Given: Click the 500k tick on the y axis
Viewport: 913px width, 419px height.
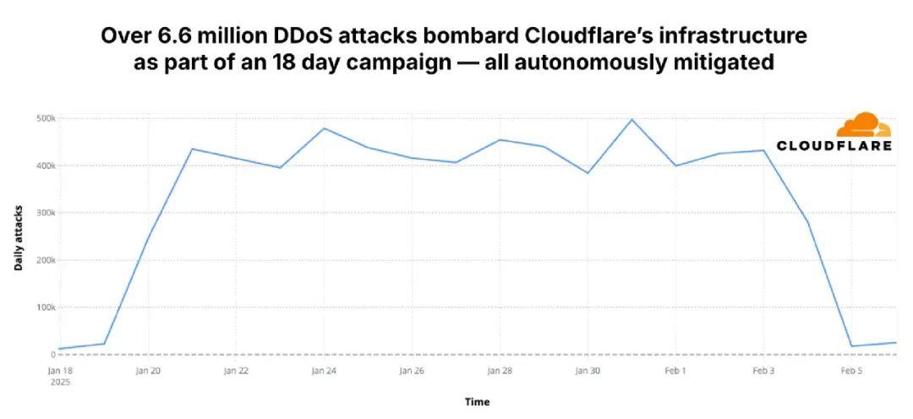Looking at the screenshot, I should coord(45,118).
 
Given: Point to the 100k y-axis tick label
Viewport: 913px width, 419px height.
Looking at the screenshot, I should coord(45,307).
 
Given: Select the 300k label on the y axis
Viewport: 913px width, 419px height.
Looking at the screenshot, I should coord(45,213).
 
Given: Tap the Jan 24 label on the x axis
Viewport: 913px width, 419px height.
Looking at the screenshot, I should coord(324,370).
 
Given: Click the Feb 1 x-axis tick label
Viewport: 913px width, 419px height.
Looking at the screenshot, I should coord(675,370).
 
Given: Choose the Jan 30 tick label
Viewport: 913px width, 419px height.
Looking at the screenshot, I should coord(588,370).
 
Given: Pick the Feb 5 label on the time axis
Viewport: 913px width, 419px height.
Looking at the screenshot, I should coord(851,370).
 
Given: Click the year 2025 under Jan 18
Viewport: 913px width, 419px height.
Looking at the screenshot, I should coord(59,382).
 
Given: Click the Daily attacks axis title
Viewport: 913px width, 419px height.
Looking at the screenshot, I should coord(19,237).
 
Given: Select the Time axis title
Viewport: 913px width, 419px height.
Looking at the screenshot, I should coord(477,402).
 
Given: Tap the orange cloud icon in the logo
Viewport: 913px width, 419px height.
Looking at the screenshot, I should coord(863,125).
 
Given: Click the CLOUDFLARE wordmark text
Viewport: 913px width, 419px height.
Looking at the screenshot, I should coord(834,145).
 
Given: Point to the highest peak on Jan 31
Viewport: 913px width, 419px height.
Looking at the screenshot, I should coord(631,119).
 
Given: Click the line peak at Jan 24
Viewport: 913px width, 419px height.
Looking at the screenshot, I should coord(324,128).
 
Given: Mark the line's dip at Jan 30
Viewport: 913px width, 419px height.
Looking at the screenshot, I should coord(588,173).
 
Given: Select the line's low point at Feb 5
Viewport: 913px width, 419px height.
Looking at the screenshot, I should coord(851,346).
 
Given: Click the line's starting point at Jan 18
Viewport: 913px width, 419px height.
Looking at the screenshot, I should coord(59,349).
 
